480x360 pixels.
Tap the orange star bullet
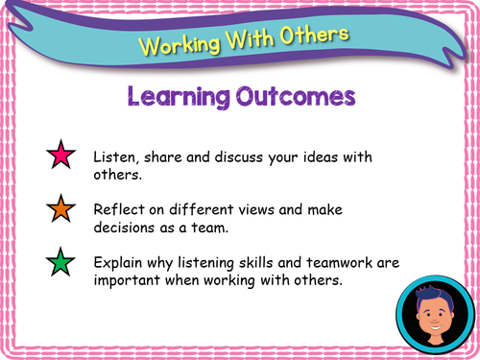[60, 210]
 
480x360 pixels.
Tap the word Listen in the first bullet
[113, 156]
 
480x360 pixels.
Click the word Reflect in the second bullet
[117, 208]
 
